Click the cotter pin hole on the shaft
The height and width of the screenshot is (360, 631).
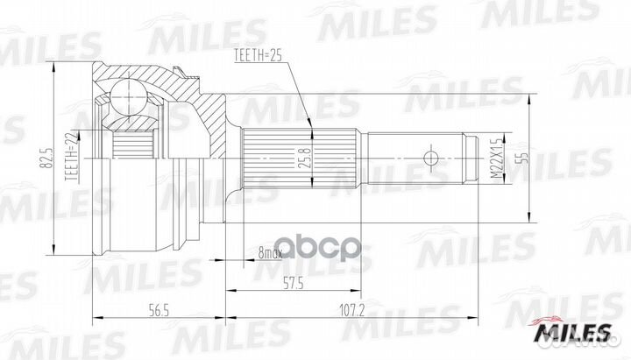(429, 159)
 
